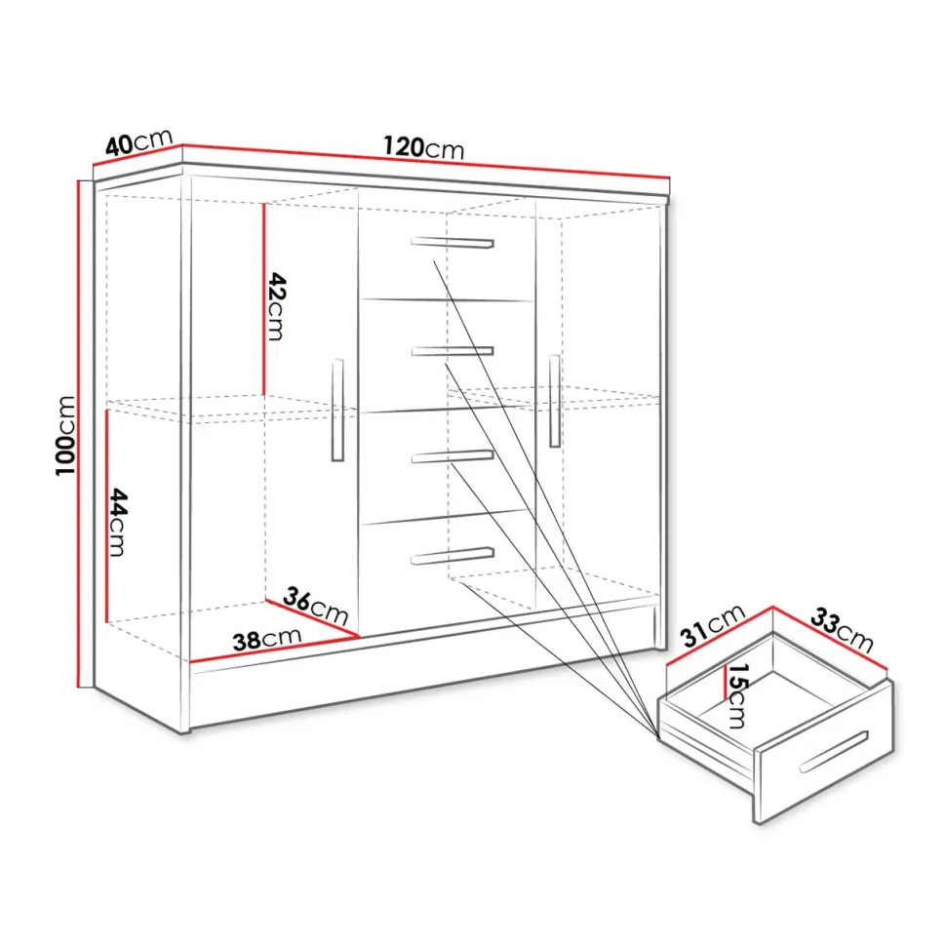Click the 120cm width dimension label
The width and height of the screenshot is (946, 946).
(423, 147)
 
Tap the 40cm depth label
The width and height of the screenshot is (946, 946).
(138, 143)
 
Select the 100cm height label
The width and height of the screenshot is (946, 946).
(65, 436)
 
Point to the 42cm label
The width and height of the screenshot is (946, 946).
(275, 306)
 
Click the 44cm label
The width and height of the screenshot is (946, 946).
(117, 523)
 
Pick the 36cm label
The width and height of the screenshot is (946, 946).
(315, 606)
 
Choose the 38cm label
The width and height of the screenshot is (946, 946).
(266, 639)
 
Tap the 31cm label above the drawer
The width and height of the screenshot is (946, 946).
(713, 626)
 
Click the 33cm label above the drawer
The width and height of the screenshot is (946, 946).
(842, 630)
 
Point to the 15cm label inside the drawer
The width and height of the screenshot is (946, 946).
(737, 695)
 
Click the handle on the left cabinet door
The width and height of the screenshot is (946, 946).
(337, 411)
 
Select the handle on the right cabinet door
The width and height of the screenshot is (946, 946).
(555, 401)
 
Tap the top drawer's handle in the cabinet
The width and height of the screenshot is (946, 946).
(453, 242)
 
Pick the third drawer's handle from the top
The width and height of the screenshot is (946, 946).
(453, 456)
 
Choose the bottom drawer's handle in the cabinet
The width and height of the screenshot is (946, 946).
(453, 556)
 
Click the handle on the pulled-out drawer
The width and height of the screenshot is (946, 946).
(834, 752)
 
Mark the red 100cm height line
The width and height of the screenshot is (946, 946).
(79, 433)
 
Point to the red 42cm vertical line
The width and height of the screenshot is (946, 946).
(263, 298)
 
